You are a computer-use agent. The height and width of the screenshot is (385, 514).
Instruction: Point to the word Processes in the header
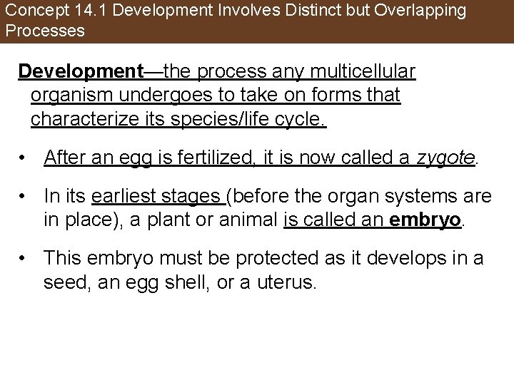[44, 31]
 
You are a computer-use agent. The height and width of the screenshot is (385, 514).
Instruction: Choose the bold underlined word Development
[81, 72]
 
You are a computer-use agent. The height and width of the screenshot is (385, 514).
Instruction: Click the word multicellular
[366, 72]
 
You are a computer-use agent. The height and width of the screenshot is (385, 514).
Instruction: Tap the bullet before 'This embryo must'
[24, 258]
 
